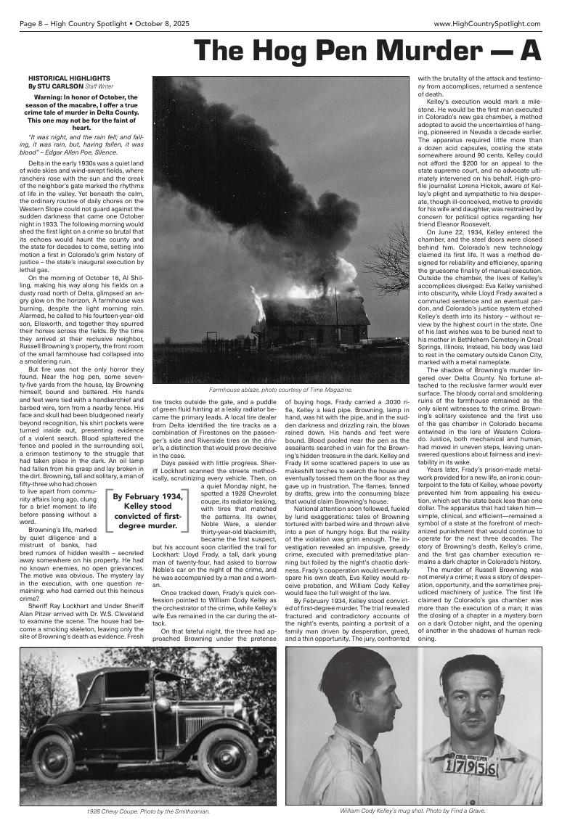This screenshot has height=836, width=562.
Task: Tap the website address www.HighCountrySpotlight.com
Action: coord(487,23)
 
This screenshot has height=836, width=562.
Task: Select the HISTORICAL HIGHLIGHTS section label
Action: coord(69,78)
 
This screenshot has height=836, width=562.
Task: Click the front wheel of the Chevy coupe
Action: coord(227,761)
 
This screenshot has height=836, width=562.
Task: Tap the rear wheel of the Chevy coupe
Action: coord(52,758)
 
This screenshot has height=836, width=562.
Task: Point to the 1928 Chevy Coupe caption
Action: coord(147,811)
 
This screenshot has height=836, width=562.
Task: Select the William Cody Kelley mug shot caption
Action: coord(412,811)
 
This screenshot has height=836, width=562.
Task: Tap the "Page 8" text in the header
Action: coord(32,23)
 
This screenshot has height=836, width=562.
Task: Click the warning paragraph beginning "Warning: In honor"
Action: coord(81,112)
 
